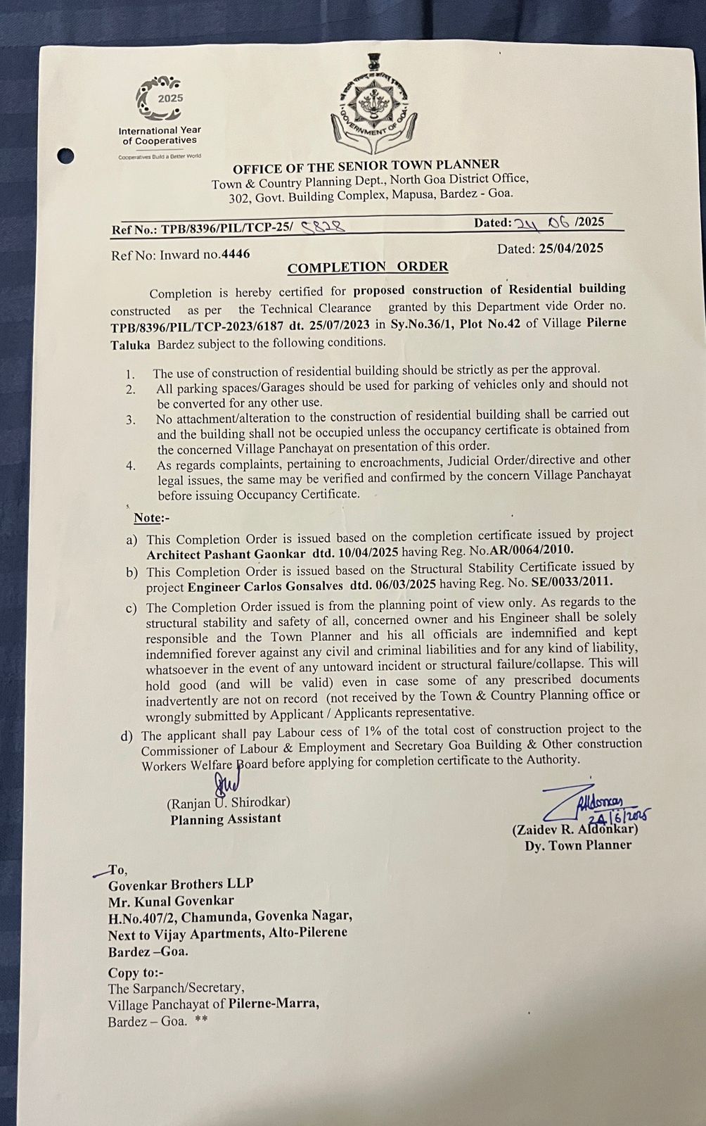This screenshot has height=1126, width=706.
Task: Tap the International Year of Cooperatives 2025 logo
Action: tap(160, 116)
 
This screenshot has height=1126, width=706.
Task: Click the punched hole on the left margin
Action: tap(66, 156)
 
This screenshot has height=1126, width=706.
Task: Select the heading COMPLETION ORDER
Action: tap(368, 267)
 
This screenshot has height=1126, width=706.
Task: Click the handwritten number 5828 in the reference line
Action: tap(322, 227)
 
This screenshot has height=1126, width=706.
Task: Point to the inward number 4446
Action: tap(236, 254)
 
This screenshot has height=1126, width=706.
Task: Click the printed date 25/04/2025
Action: tap(571, 248)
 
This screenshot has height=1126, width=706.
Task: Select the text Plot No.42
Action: tap(490, 323)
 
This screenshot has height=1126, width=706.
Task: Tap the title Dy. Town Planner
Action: tap(577, 845)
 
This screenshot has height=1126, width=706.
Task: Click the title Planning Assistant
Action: tap(225, 819)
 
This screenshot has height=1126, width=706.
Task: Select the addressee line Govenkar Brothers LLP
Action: tap(181, 884)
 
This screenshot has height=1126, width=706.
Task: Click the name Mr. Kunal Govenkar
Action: tap(171, 901)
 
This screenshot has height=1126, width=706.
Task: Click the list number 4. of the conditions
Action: tap(131, 466)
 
